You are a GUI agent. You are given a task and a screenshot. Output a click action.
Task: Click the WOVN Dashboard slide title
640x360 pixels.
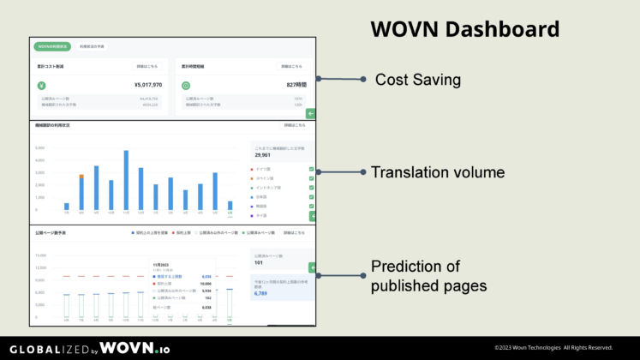[x=464, y=29]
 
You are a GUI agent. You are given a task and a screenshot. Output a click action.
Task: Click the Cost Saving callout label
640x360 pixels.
[x=418, y=80]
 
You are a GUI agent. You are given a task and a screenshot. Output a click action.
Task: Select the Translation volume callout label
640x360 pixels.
[x=437, y=172]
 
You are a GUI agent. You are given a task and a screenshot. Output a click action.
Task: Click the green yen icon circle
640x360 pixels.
[x=41, y=86]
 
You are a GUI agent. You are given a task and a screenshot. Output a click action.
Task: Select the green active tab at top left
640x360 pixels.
[x=52, y=47]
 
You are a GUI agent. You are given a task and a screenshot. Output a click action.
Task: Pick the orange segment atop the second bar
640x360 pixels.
[x=81, y=176]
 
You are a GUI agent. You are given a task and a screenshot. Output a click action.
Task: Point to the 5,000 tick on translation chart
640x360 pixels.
[x=40, y=147]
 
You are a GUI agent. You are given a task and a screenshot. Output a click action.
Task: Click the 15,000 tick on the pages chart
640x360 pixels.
[x=39, y=255]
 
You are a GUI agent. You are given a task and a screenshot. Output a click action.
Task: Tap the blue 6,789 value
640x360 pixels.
[x=263, y=293]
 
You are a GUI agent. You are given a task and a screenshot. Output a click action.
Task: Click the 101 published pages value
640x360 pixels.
[x=260, y=262]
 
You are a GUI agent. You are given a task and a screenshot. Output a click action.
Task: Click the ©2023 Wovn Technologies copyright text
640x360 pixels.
[x=553, y=347]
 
